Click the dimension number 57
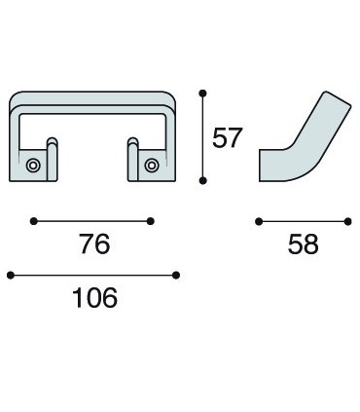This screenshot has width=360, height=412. [x=227, y=137]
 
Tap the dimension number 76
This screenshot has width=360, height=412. [x=95, y=243]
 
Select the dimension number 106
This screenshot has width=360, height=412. [x=94, y=298]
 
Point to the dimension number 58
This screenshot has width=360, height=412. [x=303, y=243]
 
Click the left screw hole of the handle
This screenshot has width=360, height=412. [x=33, y=166]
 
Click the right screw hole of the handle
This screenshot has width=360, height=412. [x=152, y=166]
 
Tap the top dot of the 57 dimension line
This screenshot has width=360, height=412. [x=202, y=94]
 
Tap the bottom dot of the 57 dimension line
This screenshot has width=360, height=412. [x=202, y=180]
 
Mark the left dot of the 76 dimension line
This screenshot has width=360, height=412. [x=33, y=221]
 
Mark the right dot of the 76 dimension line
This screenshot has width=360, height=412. [x=151, y=221]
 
